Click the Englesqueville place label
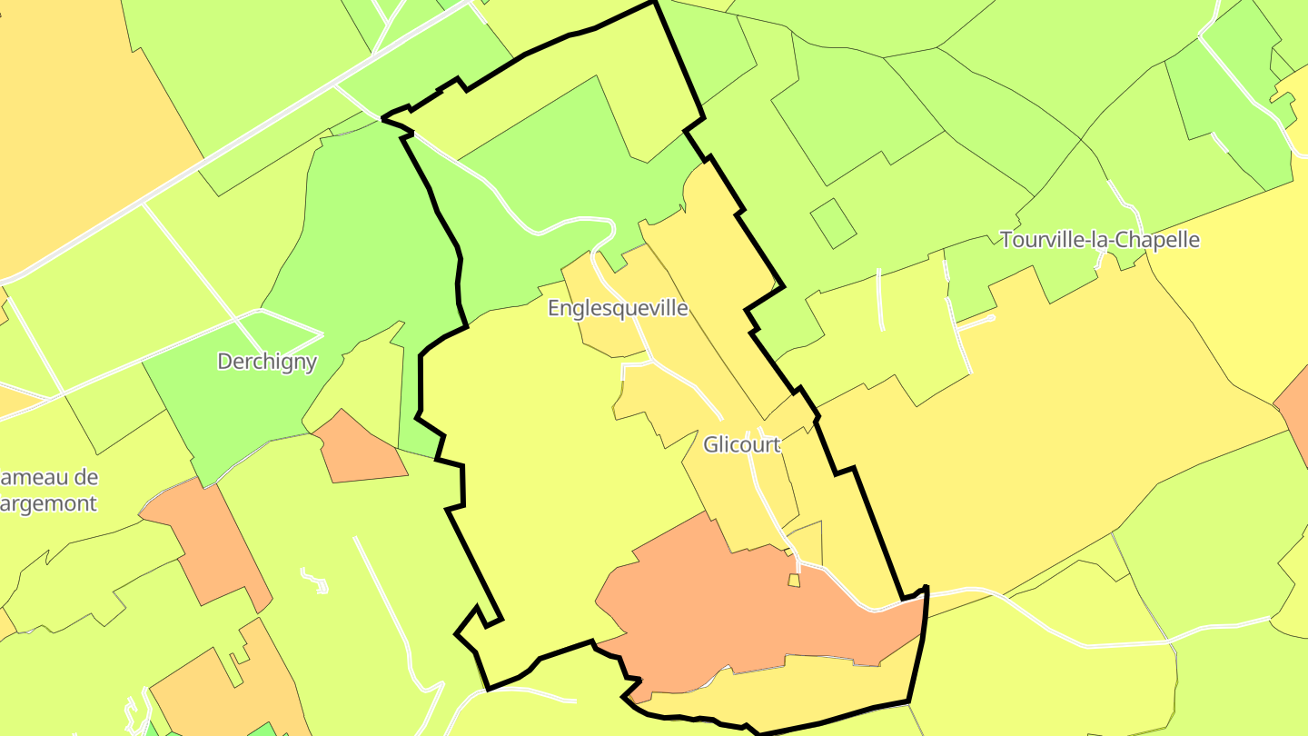pos(618,308)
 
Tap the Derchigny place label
pos(267,362)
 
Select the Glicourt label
pos(741,445)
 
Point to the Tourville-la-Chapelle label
pos(1099,240)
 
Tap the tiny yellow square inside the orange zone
pos(794,580)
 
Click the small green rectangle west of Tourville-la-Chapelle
pos(833,224)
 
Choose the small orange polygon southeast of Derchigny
pos(360,450)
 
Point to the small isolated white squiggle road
pos(315,581)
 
